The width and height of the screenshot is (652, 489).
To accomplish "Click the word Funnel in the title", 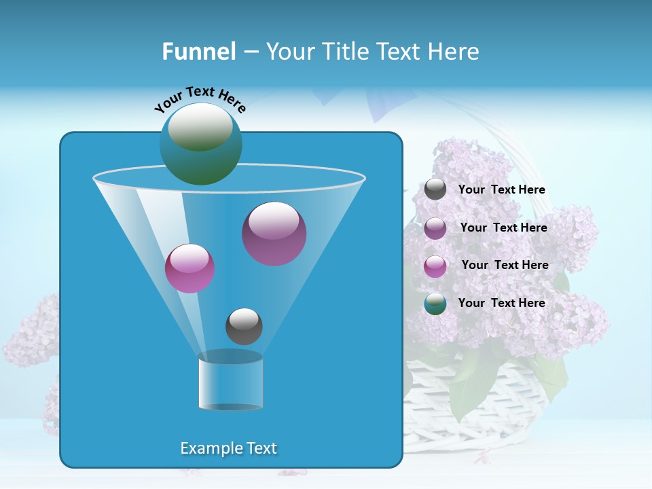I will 198,52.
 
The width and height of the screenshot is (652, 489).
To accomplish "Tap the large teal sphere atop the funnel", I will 200,144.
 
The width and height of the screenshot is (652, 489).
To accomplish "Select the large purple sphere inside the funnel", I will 274,234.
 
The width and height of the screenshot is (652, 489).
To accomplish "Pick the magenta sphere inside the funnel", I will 189,268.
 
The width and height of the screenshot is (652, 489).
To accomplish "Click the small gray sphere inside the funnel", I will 244,326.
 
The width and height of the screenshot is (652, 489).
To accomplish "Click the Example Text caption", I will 228,448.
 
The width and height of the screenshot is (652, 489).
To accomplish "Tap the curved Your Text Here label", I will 200,99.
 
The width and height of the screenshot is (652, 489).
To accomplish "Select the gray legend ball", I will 435,189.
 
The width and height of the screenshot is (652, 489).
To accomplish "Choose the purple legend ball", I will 435,228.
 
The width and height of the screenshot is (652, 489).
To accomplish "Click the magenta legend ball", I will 435,266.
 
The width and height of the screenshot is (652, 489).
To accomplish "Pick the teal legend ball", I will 435,304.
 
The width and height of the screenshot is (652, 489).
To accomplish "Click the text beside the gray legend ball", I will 501,190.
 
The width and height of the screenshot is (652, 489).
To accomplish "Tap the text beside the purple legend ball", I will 503,228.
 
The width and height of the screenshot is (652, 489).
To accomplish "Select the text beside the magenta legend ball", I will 505,266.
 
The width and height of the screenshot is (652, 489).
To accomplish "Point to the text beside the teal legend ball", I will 501,304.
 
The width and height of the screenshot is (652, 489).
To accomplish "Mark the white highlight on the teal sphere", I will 200,126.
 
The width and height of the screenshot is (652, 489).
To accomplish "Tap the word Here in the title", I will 455,52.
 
